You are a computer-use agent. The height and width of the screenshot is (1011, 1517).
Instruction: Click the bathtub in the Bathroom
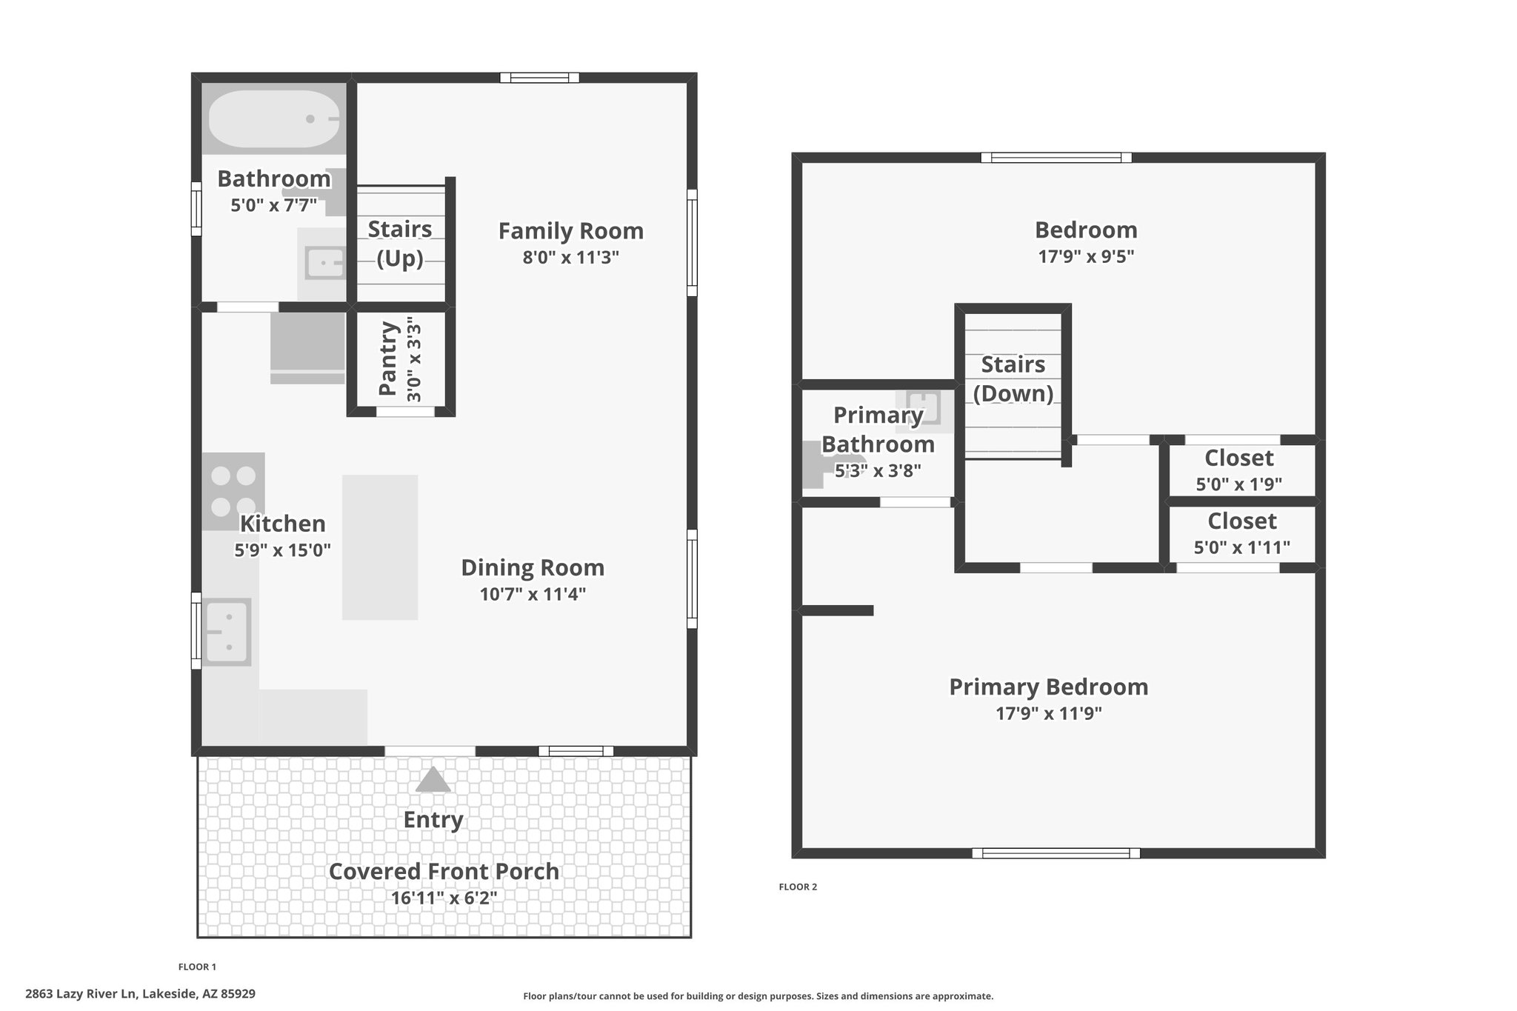[x=274, y=119]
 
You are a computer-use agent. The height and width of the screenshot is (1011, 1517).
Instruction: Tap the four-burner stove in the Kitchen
[x=233, y=491]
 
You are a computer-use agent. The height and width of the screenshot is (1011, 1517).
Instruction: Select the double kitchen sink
[x=227, y=632]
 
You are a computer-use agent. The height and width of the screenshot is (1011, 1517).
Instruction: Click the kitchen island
[x=380, y=547]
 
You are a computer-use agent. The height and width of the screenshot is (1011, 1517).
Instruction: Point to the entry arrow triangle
[x=433, y=780]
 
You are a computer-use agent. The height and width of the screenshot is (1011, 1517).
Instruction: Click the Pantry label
[x=388, y=358]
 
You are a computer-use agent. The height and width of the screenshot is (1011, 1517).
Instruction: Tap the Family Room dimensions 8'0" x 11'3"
[x=570, y=258]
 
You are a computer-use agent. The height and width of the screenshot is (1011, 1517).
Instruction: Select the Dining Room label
[x=533, y=568]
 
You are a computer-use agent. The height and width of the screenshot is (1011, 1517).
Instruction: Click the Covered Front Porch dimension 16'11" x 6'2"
[x=444, y=898]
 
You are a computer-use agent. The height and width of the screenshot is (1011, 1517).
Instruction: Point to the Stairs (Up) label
[x=400, y=244]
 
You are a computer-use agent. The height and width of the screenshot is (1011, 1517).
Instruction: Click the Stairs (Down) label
[x=1013, y=378]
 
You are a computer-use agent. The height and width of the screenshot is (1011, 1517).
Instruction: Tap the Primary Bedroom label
[x=1048, y=687]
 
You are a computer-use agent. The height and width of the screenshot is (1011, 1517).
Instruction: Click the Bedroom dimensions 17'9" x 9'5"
[x=1086, y=257]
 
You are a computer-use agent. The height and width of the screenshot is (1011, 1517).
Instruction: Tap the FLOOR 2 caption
[x=798, y=887]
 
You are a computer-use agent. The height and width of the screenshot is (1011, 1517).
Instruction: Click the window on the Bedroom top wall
[x=1056, y=157]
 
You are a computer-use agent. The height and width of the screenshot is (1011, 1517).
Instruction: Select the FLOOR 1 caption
[x=197, y=967]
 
